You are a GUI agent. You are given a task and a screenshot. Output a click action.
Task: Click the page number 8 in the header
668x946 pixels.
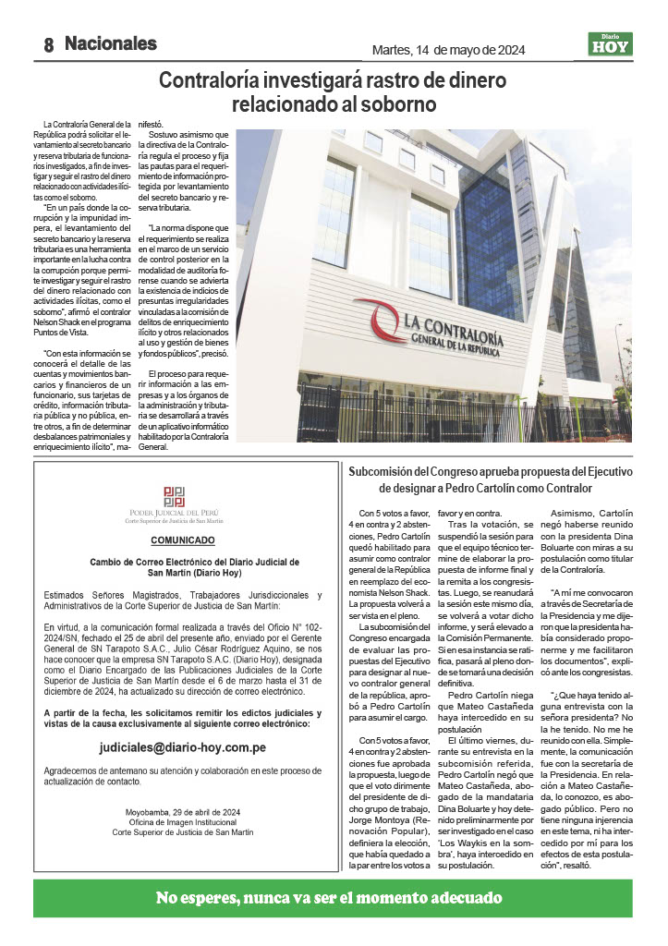49,44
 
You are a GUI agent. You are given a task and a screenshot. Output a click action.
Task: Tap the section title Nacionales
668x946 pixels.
111,43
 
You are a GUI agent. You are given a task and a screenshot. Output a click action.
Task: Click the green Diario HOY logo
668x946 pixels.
610,43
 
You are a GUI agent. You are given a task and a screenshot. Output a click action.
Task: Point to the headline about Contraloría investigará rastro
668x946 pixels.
333,91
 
